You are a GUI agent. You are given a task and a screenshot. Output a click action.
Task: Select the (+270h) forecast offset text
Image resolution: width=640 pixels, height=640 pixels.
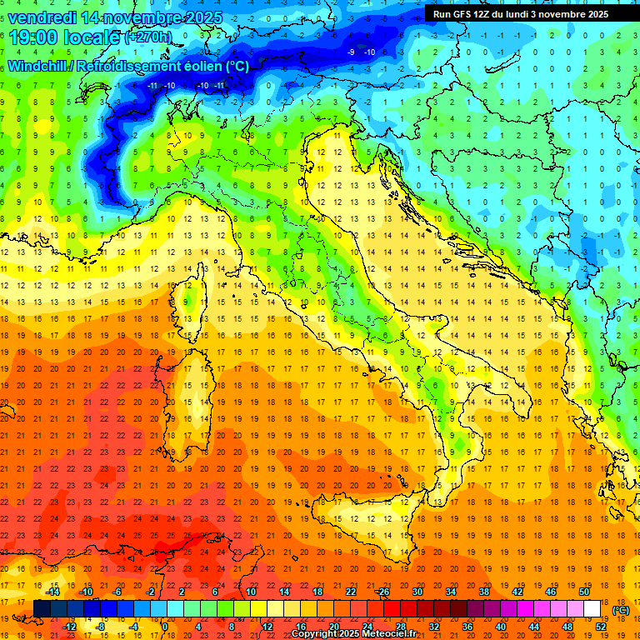pos(148,37)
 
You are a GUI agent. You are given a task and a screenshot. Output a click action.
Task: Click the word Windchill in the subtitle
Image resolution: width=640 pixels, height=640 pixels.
pos(37,66)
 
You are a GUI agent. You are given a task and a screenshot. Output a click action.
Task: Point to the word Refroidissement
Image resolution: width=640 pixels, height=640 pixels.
pos(128,66)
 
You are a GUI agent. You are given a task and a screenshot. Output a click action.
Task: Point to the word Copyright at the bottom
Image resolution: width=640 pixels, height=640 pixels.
pos(317,634)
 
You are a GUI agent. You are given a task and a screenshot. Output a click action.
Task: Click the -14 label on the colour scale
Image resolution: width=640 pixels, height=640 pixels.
pos(52,592)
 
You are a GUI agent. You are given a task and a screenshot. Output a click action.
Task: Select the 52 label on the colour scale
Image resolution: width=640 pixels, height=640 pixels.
pos(601,627)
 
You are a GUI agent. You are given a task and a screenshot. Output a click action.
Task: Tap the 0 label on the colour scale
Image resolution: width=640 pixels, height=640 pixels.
pos(165,627)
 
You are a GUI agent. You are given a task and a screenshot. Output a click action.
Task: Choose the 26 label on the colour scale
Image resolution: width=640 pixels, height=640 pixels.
pos(384,592)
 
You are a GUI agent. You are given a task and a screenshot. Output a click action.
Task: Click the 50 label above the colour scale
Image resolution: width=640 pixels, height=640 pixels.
pos(584,592)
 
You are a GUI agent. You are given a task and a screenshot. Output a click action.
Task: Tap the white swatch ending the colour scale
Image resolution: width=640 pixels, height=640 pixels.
pos(592,608)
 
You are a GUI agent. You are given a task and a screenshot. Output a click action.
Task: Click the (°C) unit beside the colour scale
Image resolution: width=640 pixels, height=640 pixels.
pos(621,610)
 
